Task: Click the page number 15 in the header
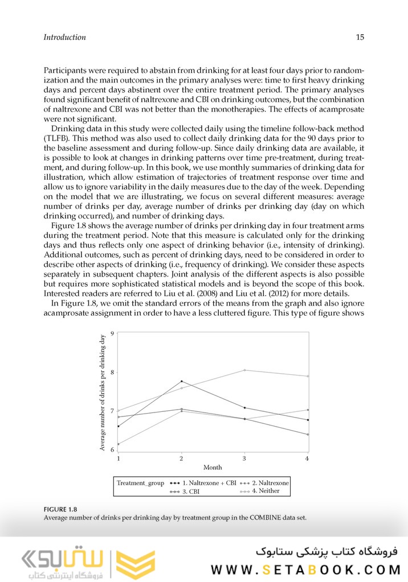(x=360, y=38)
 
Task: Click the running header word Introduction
(x=65, y=38)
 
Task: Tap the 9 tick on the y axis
(x=112, y=333)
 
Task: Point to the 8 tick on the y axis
(x=112, y=373)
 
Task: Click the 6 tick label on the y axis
(x=112, y=449)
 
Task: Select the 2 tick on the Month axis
(x=181, y=458)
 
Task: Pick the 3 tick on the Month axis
(x=244, y=458)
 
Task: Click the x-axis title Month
(x=213, y=468)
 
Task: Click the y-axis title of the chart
(x=103, y=393)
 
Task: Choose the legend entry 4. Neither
(x=266, y=491)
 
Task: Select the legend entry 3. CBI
(x=193, y=492)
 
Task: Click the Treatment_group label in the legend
(x=140, y=483)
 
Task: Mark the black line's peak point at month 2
(x=181, y=381)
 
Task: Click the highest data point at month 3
(x=244, y=370)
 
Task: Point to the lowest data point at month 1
(x=119, y=444)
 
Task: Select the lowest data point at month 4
(x=308, y=435)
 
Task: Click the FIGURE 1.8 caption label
(x=60, y=509)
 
